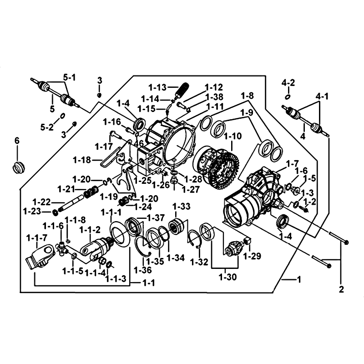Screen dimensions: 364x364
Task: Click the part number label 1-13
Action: coord(157,87)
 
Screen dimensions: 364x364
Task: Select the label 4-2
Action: coord(288,83)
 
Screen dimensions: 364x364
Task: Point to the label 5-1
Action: coord(69,78)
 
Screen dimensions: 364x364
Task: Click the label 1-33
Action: coord(181,207)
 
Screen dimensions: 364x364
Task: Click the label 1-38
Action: coord(214,96)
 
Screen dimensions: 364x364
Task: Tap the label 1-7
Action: coord(292,163)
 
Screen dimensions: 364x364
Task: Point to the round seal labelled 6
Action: coord(18,167)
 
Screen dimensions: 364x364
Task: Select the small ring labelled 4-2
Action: coord(288,97)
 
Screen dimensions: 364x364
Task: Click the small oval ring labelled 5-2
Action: coord(63,116)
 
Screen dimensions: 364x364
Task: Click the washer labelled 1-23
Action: coord(55,212)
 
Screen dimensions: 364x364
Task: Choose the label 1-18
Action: coord(82,160)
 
